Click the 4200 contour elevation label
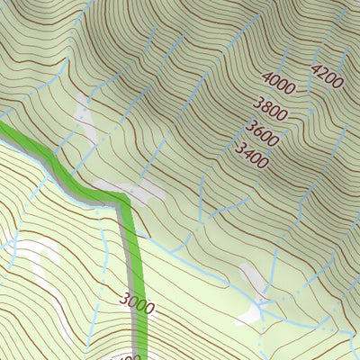(x=327, y=76)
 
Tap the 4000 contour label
(x=281, y=87)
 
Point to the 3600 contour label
(x=263, y=133)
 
